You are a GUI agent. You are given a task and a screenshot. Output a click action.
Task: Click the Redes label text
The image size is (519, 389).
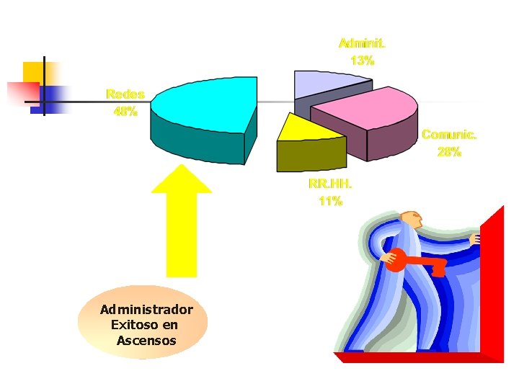pyautogui.click(x=125, y=94)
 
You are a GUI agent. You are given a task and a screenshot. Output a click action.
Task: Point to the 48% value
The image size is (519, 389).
pyautogui.click(x=125, y=112)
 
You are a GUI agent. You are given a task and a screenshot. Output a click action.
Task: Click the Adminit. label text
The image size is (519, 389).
pyautogui.click(x=362, y=43)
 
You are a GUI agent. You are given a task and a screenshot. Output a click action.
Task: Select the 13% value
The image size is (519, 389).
pyautogui.click(x=362, y=61)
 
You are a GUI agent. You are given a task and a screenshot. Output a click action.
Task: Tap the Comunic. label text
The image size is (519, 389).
pyautogui.click(x=449, y=135)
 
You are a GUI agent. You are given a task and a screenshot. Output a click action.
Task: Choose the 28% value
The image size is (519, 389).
pyautogui.click(x=449, y=152)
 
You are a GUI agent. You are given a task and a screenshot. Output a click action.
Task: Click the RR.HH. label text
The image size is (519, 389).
pyautogui.click(x=330, y=184)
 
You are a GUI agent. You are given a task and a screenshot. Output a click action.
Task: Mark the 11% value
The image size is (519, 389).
pyautogui.click(x=330, y=201)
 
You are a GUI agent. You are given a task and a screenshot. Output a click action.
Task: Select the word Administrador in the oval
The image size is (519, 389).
pyautogui.click(x=146, y=310)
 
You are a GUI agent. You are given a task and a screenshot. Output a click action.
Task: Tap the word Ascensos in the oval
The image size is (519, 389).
pyautogui.click(x=146, y=340)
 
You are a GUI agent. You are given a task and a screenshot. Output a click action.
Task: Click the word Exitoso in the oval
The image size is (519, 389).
pyautogui.click(x=130, y=325)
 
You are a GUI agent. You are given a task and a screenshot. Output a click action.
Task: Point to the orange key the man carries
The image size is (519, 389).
pyautogui.click(x=414, y=263)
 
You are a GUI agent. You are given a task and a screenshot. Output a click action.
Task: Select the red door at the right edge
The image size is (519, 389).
pyautogui.click(x=492, y=281)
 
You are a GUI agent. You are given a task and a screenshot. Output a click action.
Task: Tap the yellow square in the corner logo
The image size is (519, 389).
pyautogui.click(x=33, y=73)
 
